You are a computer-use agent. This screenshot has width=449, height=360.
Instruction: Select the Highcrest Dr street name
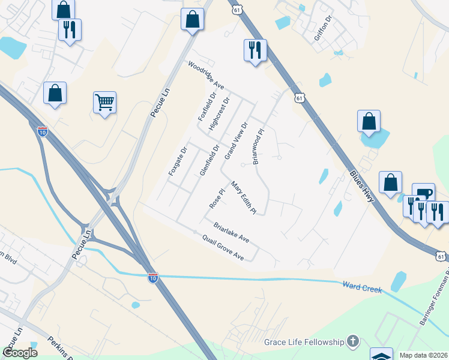click(218, 114)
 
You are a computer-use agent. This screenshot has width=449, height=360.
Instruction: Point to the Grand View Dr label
click(236, 141)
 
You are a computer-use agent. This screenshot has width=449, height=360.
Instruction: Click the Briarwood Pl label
click(258, 147)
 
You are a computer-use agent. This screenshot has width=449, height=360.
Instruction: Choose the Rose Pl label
click(216, 199)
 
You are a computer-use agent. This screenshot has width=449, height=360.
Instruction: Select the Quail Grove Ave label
click(223, 247)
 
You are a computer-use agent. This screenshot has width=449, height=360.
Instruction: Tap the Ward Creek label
click(362, 287)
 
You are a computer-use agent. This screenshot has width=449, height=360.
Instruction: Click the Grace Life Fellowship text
click(304, 342)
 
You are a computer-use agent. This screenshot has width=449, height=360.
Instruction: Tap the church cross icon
click(353, 342)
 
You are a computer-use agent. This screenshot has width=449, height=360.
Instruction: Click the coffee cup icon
click(424, 193)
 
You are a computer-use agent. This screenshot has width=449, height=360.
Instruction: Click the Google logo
click(21, 352)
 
